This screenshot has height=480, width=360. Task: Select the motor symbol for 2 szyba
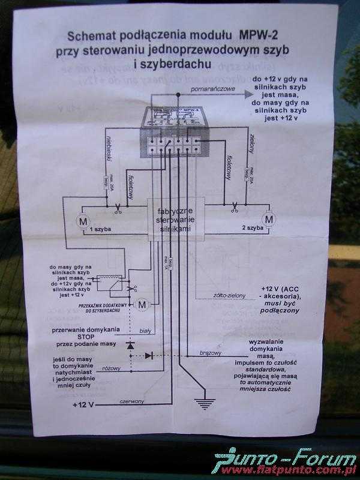click(x=269, y=220)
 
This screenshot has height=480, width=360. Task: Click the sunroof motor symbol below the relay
click(x=142, y=305)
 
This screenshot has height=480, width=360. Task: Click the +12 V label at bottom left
click(x=83, y=406)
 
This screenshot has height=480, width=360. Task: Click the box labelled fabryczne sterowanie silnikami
click(x=176, y=220)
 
